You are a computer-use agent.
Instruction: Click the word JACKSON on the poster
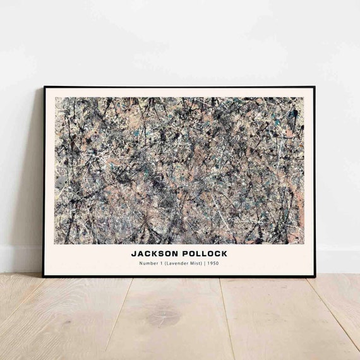tap(153, 253)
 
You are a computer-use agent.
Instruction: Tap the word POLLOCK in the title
tap(202, 253)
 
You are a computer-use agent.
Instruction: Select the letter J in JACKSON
tap(134, 253)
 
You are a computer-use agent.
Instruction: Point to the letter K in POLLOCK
tap(224, 253)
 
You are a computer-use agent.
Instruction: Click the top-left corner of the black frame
tap(44, 87)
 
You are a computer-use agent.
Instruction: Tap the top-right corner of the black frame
tap(315, 87)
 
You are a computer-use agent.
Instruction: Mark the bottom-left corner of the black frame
tap(44, 276)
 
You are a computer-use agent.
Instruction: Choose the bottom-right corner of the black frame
tap(315, 276)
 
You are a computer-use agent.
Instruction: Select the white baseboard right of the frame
tap(338, 259)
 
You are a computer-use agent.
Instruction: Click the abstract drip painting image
tap(179, 171)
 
